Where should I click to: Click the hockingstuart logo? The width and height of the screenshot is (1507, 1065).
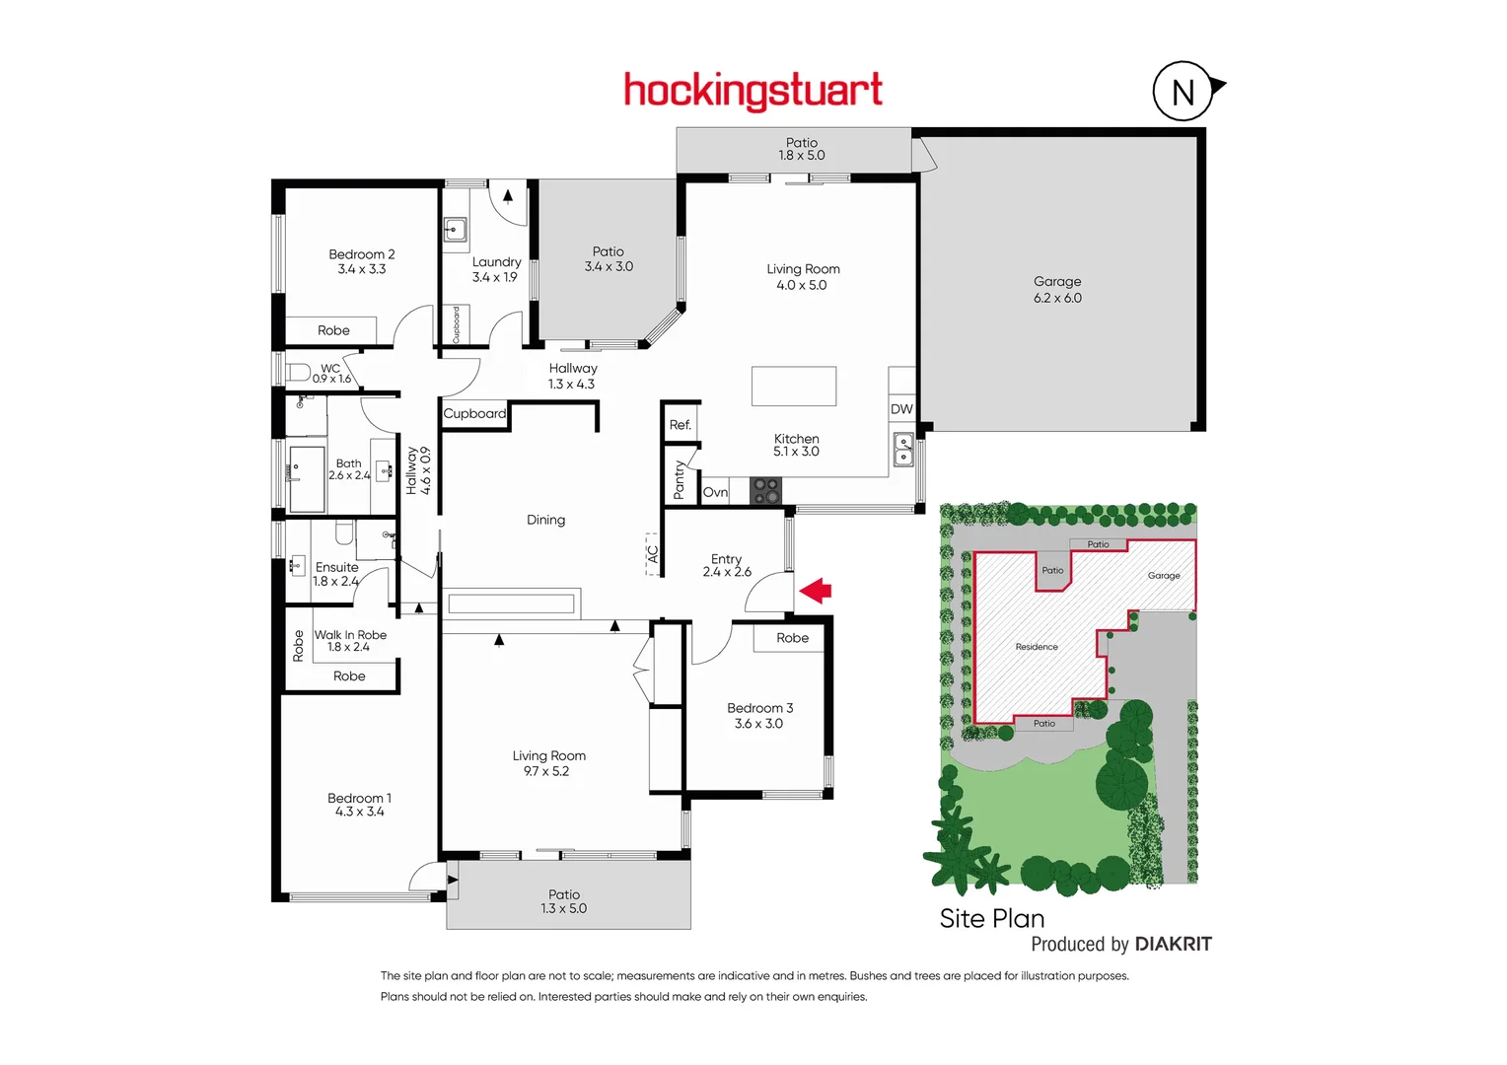753,91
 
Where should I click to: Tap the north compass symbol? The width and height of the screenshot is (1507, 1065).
1183,92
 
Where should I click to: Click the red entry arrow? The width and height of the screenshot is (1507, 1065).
815,591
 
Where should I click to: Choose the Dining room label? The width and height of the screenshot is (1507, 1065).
545,520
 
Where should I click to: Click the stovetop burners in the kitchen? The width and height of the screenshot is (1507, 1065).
765,490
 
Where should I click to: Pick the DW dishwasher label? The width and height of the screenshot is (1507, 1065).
901,409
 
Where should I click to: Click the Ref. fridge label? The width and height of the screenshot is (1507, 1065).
680,425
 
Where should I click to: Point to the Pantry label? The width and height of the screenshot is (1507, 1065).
679,480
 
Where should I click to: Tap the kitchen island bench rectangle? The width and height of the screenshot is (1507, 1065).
794,386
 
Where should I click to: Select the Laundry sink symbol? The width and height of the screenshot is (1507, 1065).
454,231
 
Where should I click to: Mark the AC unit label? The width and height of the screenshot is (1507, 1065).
652,554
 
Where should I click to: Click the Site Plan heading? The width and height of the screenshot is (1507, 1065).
991,918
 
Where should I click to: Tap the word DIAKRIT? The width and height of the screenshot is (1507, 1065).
1173,944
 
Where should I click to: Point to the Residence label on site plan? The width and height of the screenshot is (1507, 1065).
1037,647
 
